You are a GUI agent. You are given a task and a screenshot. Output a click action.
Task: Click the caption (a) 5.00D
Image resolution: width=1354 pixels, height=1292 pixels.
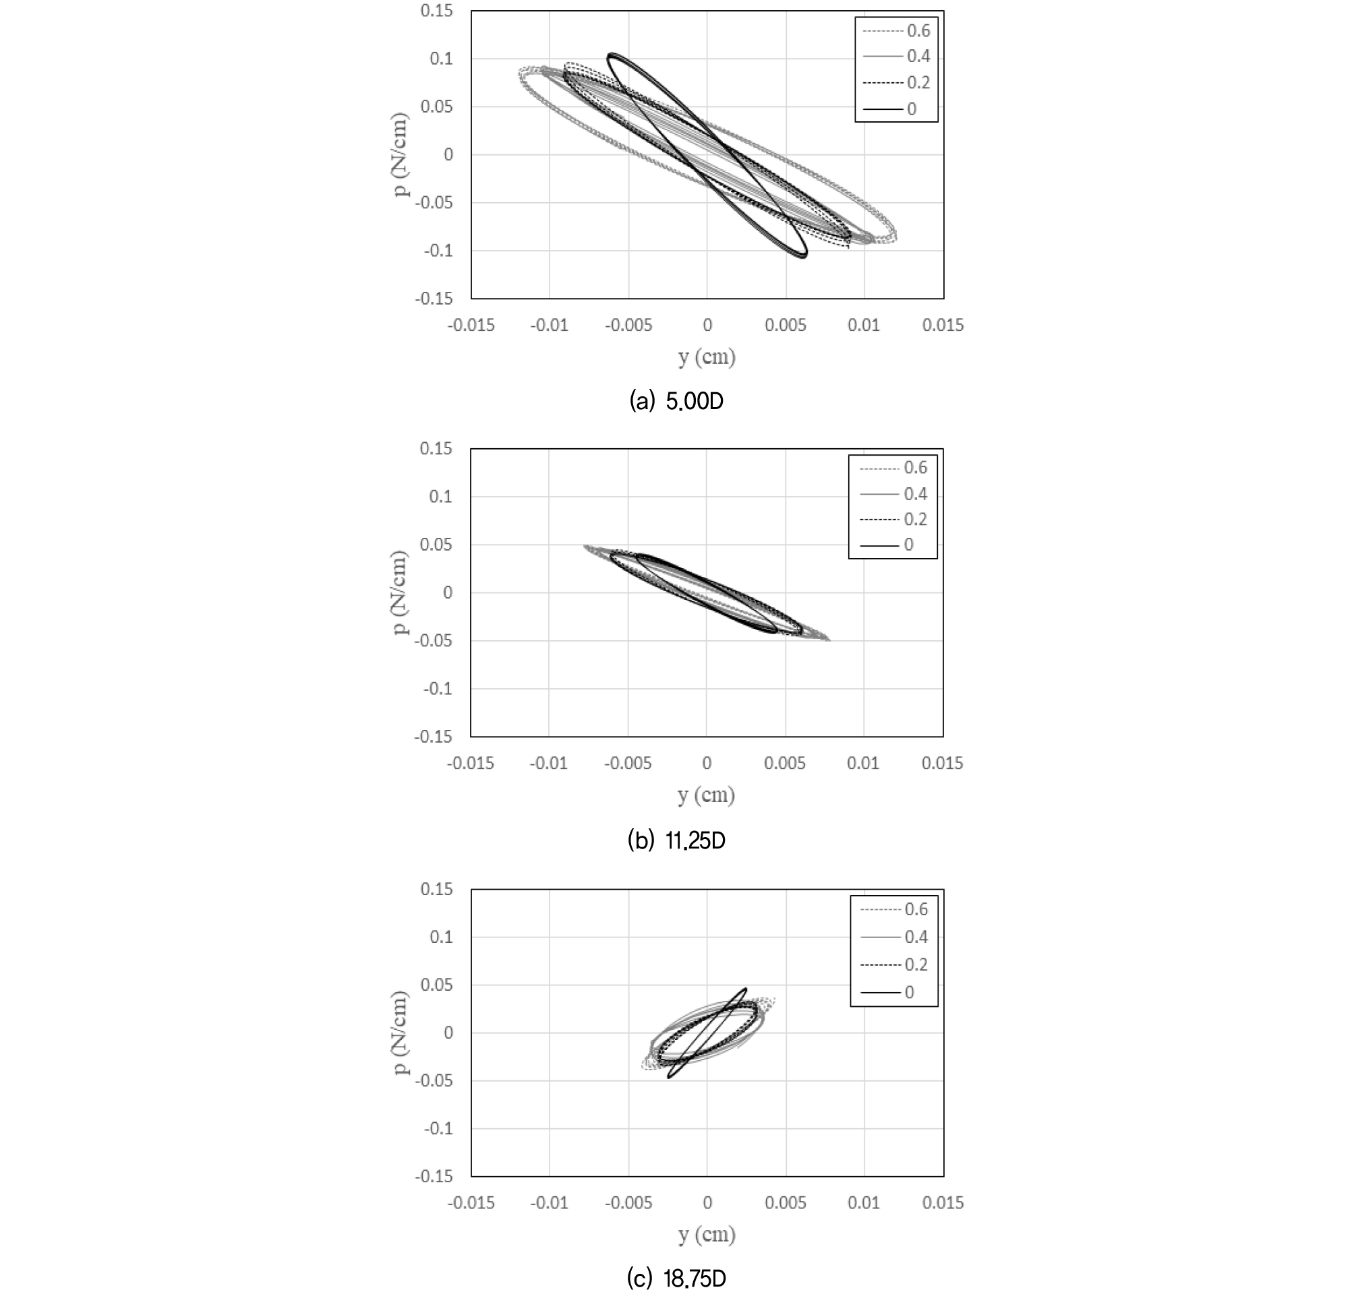coord(676,401)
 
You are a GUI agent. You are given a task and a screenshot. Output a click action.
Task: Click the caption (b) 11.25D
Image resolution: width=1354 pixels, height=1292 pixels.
coord(676,840)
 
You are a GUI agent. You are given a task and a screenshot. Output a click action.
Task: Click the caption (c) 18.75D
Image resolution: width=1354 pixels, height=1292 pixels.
coord(676,1279)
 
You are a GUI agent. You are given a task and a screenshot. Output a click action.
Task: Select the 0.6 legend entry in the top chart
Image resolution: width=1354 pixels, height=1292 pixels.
coord(896,31)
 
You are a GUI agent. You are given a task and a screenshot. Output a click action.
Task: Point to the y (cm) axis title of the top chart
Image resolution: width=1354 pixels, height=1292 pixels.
coord(707,357)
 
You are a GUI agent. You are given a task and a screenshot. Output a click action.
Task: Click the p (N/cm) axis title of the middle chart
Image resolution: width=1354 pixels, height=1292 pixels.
coord(400,593)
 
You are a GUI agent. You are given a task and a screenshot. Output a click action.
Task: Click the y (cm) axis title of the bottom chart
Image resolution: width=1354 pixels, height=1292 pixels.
coord(707,1235)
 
